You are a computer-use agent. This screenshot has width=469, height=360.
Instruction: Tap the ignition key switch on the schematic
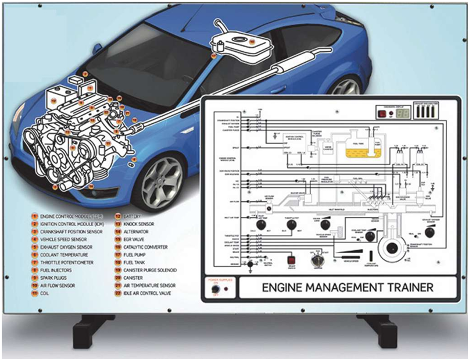point(317,259)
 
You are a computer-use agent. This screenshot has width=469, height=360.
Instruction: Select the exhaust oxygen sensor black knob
point(429,233)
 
